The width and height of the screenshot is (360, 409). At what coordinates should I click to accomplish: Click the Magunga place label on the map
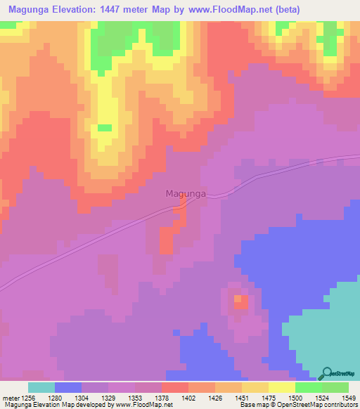pyautogui.click(x=186, y=193)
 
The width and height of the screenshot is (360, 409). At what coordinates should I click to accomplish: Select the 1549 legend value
pyautogui.click(x=340, y=398)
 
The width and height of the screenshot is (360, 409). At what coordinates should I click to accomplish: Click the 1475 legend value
pyautogui.click(x=257, y=398)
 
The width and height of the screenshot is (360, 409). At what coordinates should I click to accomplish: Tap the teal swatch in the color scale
pyautogui.click(x=41, y=387)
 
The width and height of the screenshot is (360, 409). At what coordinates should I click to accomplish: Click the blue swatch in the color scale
pyautogui.click(x=68, y=387)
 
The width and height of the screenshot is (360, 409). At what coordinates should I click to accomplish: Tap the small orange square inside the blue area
pyautogui.click(x=240, y=301)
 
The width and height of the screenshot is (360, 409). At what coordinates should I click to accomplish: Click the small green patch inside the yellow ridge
pyautogui.click(x=104, y=127)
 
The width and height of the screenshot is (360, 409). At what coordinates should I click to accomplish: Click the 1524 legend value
pyautogui.click(x=312, y=398)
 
